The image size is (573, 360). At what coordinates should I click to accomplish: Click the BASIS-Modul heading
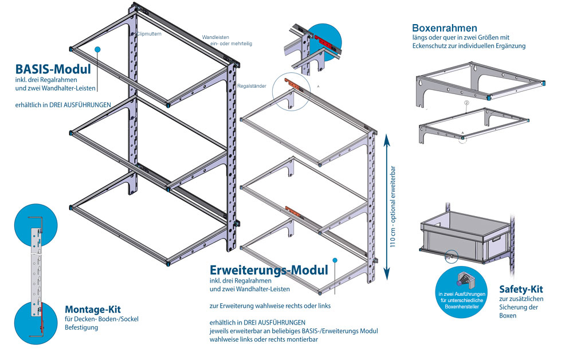[53, 69]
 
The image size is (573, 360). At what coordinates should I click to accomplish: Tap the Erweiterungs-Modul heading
[269, 270]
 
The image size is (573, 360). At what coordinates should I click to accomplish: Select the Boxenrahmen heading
[445, 28]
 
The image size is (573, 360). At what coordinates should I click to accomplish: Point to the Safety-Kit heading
[520, 289]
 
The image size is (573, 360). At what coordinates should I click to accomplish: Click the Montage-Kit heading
[92, 309]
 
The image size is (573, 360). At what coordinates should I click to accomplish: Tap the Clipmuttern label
[149, 34]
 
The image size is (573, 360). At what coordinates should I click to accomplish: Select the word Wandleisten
[215, 37]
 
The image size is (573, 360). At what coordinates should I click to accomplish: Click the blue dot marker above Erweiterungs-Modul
[336, 260]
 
